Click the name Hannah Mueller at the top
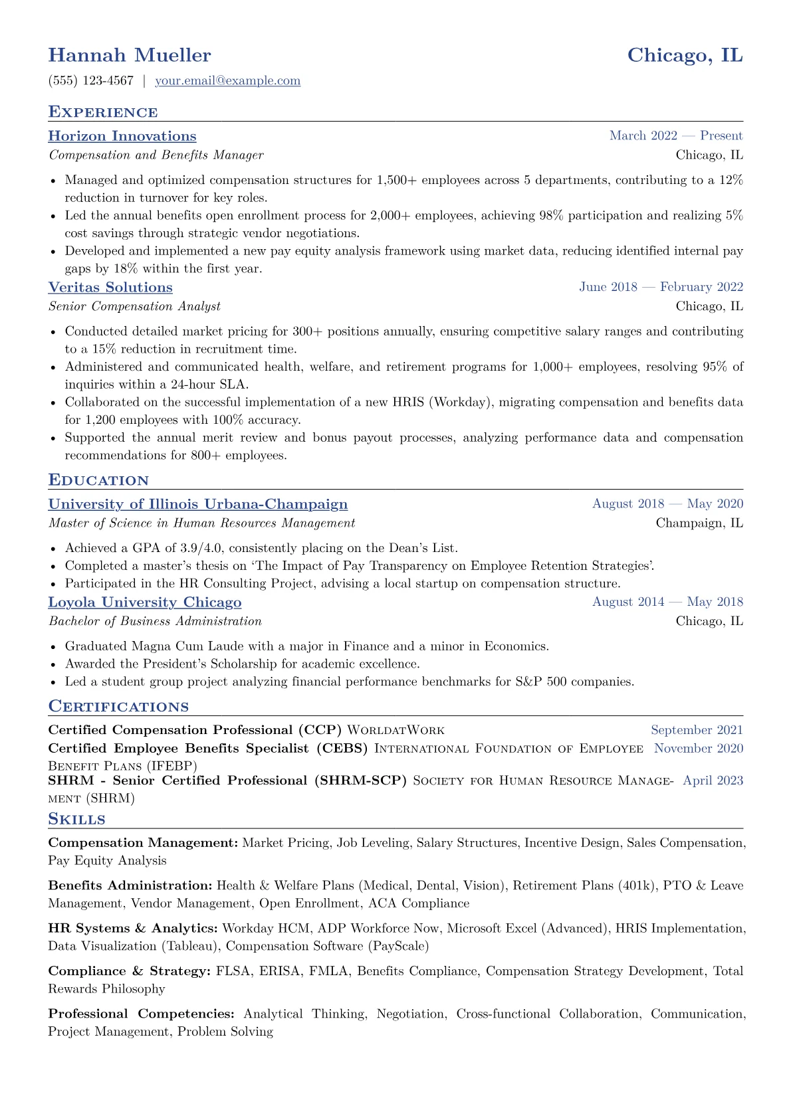click(130, 55)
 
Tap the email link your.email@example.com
click(227, 80)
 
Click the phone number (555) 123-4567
click(91, 80)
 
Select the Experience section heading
click(103, 112)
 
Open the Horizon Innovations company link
click(122, 136)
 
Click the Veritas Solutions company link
click(110, 287)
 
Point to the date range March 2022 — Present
click(676, 136)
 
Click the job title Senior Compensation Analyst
click(134, 306)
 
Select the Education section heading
click(98, 480)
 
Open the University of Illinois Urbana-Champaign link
click(198, 504)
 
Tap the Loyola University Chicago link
click(145, 602)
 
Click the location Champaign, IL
click(699, 523)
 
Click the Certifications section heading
click(118, 706)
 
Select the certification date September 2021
click(697, 730)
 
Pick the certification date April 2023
click(713, 781)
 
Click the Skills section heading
click(76, 819)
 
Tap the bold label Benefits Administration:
click(130, 885)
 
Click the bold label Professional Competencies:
click(142, 1014)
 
